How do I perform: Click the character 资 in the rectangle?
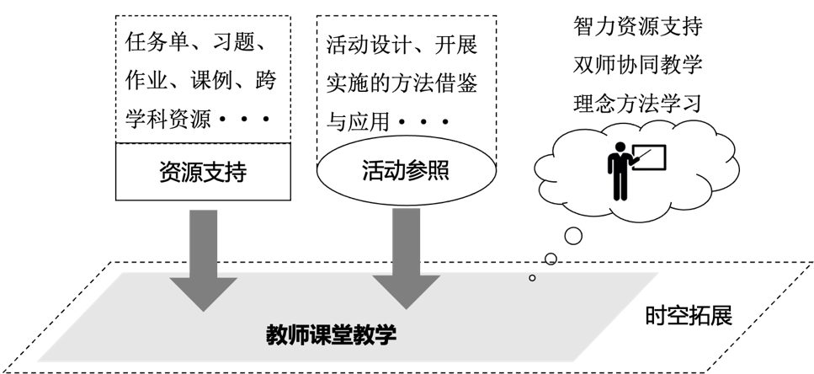pyautogui.click(x=170, y=173)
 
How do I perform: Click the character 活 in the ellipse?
pyautogui.click(x=373, y=171)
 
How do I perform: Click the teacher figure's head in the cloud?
pyautogui.click(x=621, y=147)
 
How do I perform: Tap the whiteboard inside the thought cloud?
pyautogui.click(x=650, y=158)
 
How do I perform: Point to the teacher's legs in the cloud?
pyautogui.click(x=620, y=188)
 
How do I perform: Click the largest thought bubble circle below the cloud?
pyautogui.click(x=573, y=235)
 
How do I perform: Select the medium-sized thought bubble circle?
pyautogui.click(x=551, y=259)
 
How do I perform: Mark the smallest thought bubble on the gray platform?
pyautogui.click(x=532, y=277)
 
